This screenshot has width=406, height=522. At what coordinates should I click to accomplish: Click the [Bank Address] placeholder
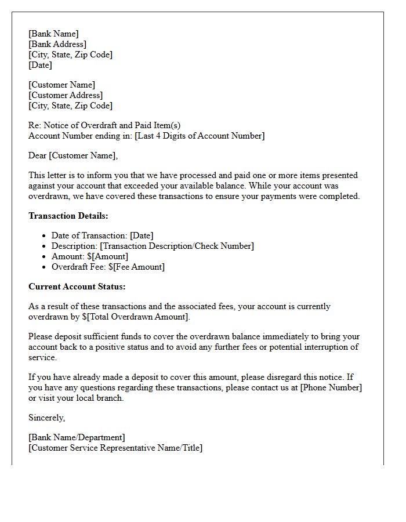tap(57, 44)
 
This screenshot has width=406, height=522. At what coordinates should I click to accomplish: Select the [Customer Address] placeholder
tap(66, 95)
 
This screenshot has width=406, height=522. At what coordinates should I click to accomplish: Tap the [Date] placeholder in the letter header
tap(40, 65)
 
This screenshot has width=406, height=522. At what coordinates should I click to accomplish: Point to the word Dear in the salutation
tap(38, 155)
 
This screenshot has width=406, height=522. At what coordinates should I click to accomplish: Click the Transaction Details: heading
tap(68, 216)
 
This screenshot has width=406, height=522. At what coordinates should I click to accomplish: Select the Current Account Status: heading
tap(77, 287)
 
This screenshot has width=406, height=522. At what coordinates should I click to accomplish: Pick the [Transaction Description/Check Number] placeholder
tap(177, 246)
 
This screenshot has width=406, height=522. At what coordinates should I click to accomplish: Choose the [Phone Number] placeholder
tap(331, 387)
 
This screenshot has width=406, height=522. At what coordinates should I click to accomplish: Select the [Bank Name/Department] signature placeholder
tap(77, 437)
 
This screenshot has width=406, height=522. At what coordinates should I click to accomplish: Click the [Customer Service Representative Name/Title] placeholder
tap(115, 448)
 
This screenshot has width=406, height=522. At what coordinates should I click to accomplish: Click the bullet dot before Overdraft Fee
tap(45, 267)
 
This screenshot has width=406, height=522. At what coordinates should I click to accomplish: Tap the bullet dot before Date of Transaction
tap(45, 236)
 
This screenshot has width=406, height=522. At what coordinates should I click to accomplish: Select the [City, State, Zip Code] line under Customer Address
tap(70, 106)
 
